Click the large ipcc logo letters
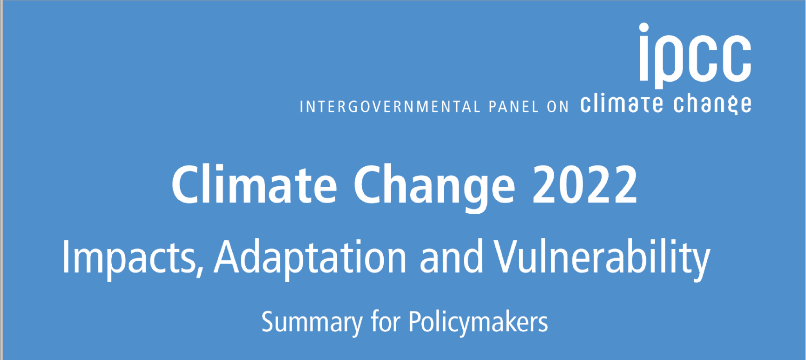pos(695,56)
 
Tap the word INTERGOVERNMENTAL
pos(390,107)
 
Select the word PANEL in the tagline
pos(514,107)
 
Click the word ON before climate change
pos(558,107)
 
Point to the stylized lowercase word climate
pos(622,104)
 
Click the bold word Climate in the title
pos(254,184)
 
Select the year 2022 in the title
pos(585,185)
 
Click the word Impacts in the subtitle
pos(129,258)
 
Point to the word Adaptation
pos(310,258)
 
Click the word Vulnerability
pos(602,258)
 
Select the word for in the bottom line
pos(386,321)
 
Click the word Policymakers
pos(478,322)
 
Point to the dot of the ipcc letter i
pos(644,28)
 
